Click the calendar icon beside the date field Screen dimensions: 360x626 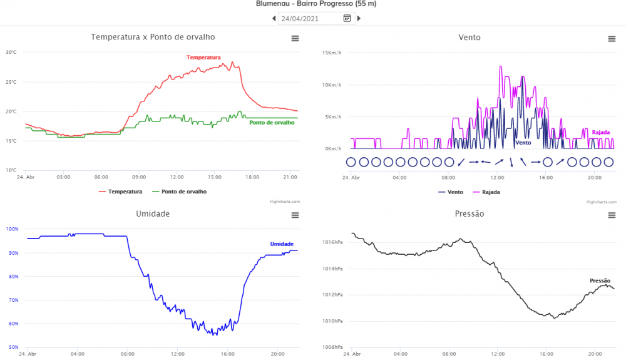(347, 18)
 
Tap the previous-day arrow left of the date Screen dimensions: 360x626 (274, 18)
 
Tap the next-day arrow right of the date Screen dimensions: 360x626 (359, 18)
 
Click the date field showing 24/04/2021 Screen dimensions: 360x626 (309, 18)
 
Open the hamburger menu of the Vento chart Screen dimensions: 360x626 (612, 39)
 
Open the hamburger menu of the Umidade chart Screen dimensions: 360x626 (295, 215)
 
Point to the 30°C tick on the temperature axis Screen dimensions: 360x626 (11, 52)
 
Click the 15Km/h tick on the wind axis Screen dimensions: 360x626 (332, 53)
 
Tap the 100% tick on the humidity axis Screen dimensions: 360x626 (12, 229)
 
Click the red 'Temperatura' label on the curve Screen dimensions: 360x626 (203, 57)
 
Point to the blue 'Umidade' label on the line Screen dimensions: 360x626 (282, 244)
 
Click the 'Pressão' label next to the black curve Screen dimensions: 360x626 (600, 280)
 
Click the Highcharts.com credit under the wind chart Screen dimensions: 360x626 (600, 202)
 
